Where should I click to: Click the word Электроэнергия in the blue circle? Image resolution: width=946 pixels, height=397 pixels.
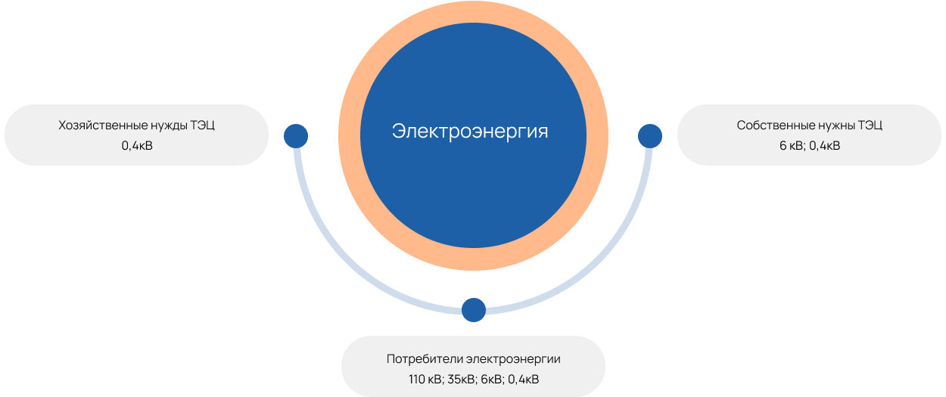point(470,131)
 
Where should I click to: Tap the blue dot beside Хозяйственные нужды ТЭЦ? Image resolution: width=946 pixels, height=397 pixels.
point(296,136)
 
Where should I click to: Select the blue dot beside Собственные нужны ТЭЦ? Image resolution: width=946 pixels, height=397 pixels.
point(650,136)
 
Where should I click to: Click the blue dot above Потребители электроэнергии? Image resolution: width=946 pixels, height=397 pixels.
point(474,309)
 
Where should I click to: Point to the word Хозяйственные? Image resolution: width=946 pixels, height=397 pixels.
point(98,126)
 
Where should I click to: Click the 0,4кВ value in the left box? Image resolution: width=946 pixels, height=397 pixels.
point(137,146)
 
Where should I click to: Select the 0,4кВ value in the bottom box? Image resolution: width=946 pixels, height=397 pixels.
point(524,379)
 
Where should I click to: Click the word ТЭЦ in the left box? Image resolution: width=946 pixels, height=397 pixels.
point(203,126)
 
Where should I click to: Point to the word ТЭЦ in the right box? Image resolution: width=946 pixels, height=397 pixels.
point(871,126)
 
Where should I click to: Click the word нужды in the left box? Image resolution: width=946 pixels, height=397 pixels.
point(163,126)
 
